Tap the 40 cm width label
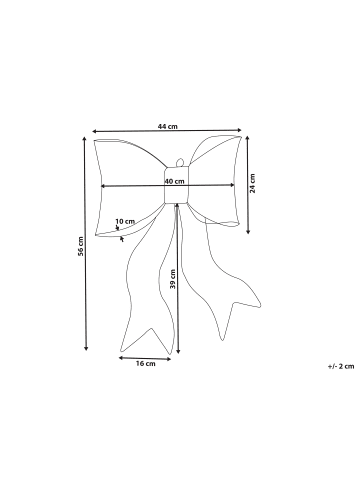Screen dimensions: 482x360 (x=175, y=181)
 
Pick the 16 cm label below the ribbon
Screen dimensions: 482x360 (x=146, y=364)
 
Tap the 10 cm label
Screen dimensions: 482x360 (x=125, y=221)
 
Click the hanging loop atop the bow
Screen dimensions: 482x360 (x=178, y=163)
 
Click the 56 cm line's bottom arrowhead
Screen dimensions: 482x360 (x=87, y=349)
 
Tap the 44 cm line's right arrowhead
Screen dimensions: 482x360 (x=241, y=130)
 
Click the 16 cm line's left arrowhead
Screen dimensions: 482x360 (x=120, y=356)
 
